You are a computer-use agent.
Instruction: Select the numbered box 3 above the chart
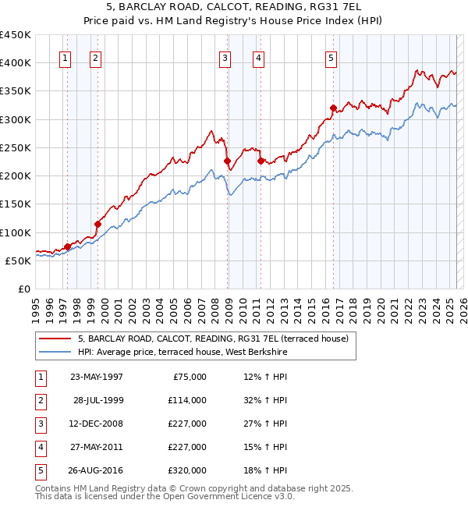[x=225, y=57]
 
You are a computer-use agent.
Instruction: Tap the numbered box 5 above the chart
[x=331, y=57]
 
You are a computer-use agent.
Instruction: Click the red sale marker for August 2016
[x=333, y=108]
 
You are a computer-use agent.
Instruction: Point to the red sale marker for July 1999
[x=97, y=224]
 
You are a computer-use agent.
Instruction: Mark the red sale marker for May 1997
[x=67, y=246]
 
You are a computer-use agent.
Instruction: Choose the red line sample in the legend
[x=55, y=339]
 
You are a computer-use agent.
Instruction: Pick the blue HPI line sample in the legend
[x=55, y=353]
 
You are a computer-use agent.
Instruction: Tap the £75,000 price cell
[x=189, y=377]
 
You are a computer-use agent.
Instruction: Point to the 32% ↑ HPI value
[x=265, y=400]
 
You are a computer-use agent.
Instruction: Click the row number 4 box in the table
[x=40, y=447]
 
